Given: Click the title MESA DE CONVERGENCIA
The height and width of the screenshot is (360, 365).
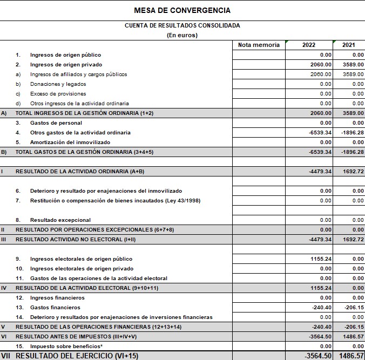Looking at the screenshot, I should pos(182,10).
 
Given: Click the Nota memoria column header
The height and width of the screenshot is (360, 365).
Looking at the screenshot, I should pos(259,45).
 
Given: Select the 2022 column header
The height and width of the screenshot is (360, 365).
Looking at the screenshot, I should pos(309,45).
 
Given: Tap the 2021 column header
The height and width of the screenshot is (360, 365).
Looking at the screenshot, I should pos(349,45).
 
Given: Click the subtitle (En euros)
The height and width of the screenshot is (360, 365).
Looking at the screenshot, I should pos(182,35).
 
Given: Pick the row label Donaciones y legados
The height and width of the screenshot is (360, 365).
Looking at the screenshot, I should pos(58,84).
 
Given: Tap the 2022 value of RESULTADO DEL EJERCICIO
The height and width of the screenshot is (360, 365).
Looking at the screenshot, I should pos(318,356).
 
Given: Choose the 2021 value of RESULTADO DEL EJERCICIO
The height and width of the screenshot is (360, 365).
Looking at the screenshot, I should pos(352,356).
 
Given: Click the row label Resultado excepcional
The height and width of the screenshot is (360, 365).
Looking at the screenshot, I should pos(60,220).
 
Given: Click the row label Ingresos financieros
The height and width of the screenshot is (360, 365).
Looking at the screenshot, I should pos(57,298).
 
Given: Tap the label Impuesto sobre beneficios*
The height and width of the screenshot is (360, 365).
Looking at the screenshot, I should pos(66,347).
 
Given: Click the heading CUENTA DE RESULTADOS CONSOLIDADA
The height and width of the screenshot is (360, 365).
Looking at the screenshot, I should pos(182,25).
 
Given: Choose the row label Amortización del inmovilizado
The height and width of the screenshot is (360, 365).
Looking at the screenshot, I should pos(70,142).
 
